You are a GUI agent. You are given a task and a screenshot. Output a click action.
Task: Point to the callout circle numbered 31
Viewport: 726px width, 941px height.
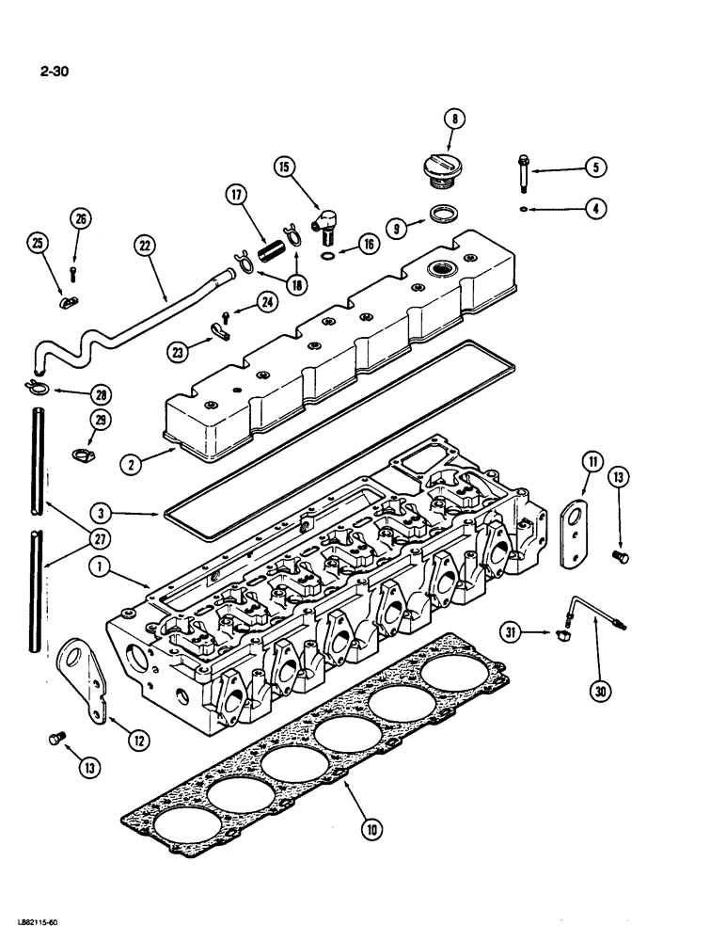click(511, 634)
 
